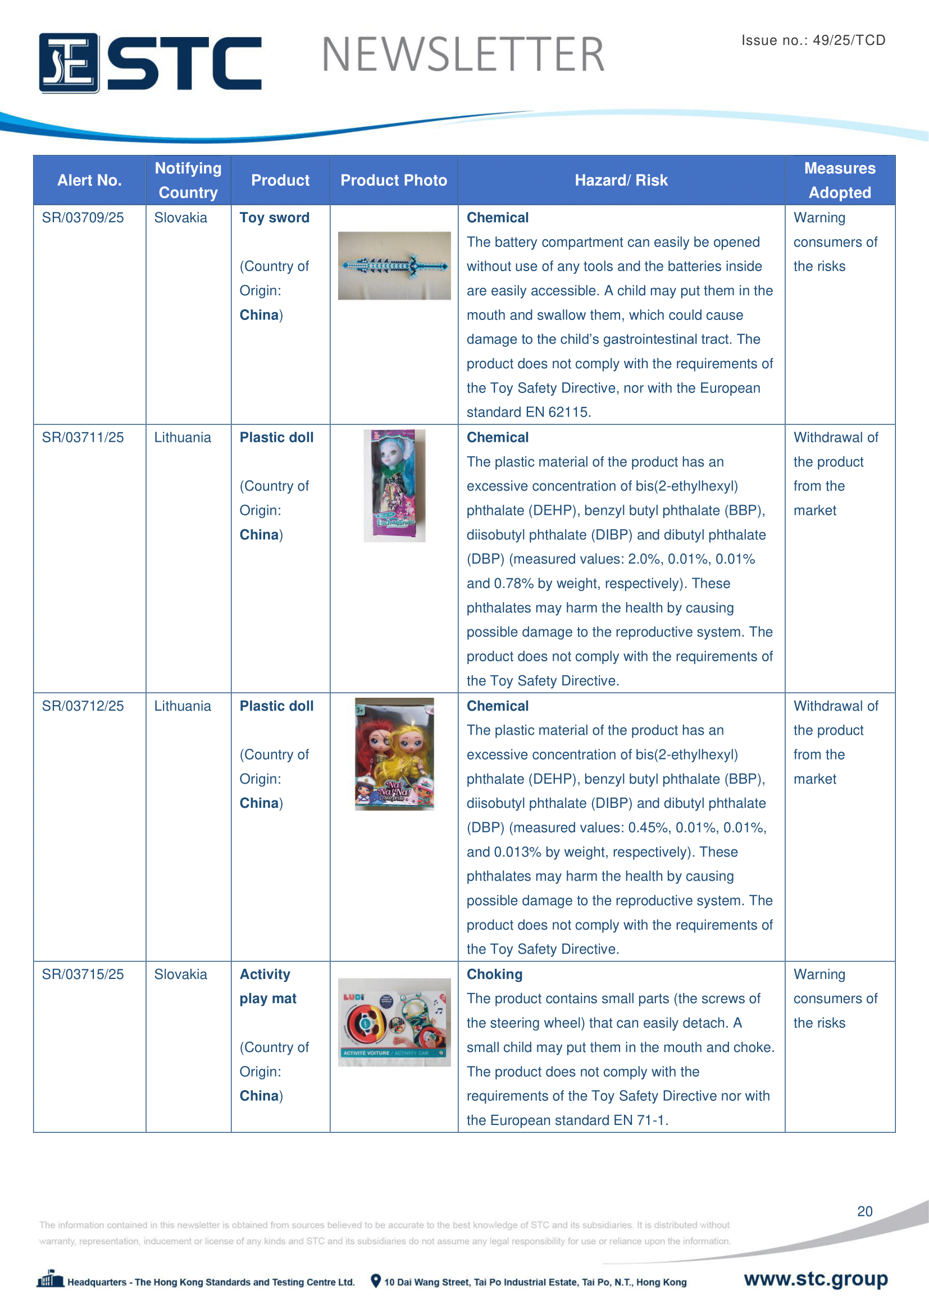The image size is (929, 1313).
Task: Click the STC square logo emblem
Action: pyautogui.click(x=69, y=63)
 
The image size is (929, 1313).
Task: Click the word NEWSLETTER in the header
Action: pyautogui.click(x=463, y=55)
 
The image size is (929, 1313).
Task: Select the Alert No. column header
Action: pyautogui.click(x=89, y=181)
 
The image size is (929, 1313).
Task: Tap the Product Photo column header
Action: pyautogui.click(x=394, y=181)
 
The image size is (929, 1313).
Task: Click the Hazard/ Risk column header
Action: pyautogui.click(x=621, y=181)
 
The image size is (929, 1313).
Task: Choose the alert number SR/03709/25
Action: pyautogui.click(x=83, y=218)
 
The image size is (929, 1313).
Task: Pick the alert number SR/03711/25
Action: pyautogui.click(x=83, y=437)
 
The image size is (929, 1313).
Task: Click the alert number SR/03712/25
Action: pyautogui.click(x=83, y=706)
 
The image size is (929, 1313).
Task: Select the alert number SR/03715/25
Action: pyautogui.click(x=83, y=975)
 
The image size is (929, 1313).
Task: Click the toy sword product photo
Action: pyautogui.click(x=394, y=266)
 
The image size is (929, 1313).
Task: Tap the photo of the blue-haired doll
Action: pyautogui.click(x=394, y=486)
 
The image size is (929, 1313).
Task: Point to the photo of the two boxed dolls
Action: pyautogui.click(x=394, y=754)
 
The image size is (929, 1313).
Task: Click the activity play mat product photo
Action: pyautogui.click(x=394, y=1022)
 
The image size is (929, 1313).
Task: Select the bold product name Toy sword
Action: pyautogui.click(x=275, y=218)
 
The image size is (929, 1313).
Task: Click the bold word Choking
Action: pyautogui.click(x=495, y=975)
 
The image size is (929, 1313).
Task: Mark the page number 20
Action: pyautogui.click(x=864, y=1211)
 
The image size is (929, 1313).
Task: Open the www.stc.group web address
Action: pyautogui.click(x=816, y=1279)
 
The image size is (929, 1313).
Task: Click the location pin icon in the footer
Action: pyautogui.click(x=376, y=1281)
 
